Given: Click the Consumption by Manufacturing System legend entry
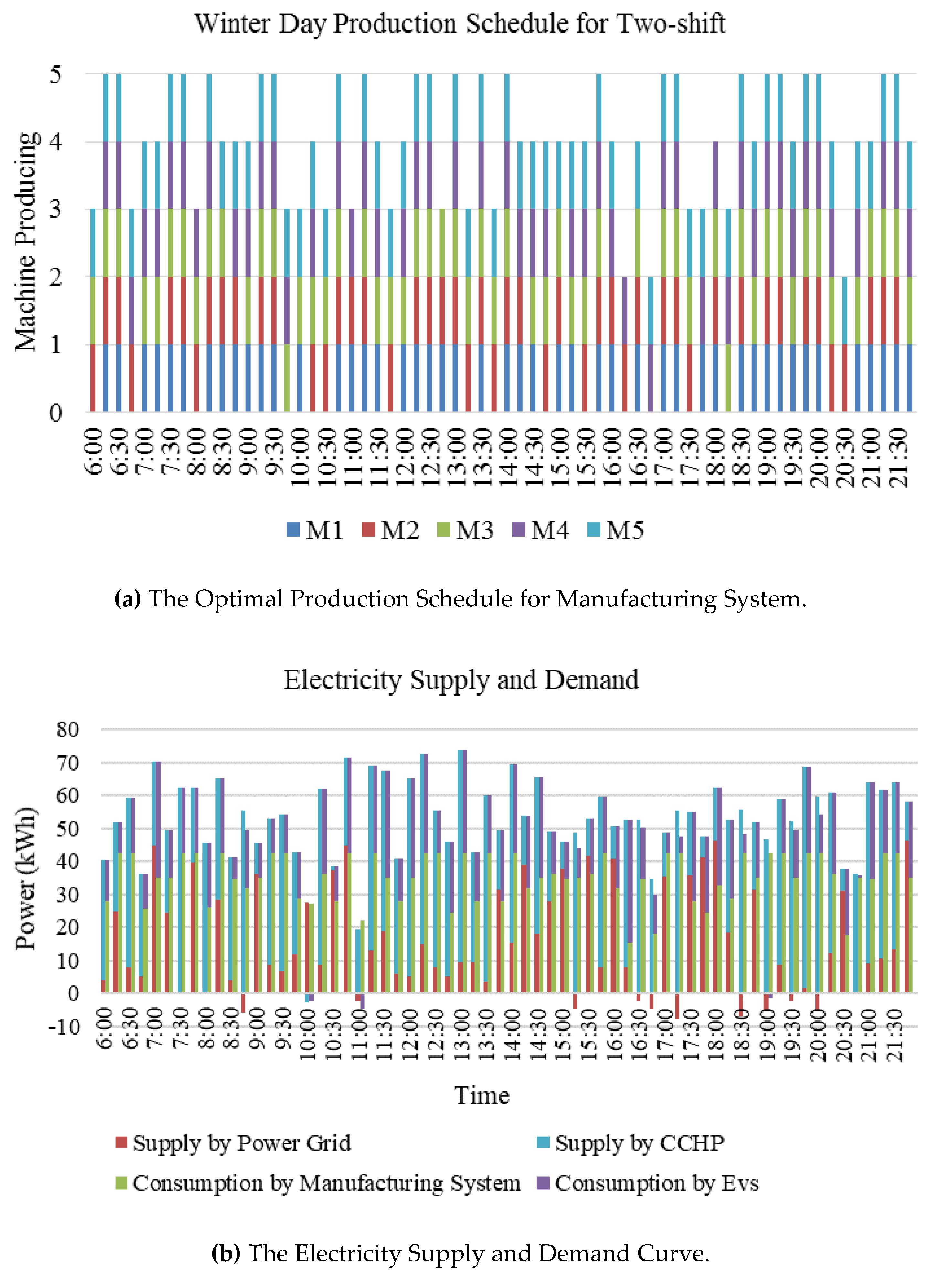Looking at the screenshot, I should pos(318,1184).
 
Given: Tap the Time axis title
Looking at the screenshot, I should pos(482,1096).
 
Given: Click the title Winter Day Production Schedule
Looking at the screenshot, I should pos(460,24).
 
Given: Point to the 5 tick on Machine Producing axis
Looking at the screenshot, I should pos(56,74).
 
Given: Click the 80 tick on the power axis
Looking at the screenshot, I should pos(67,729).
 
